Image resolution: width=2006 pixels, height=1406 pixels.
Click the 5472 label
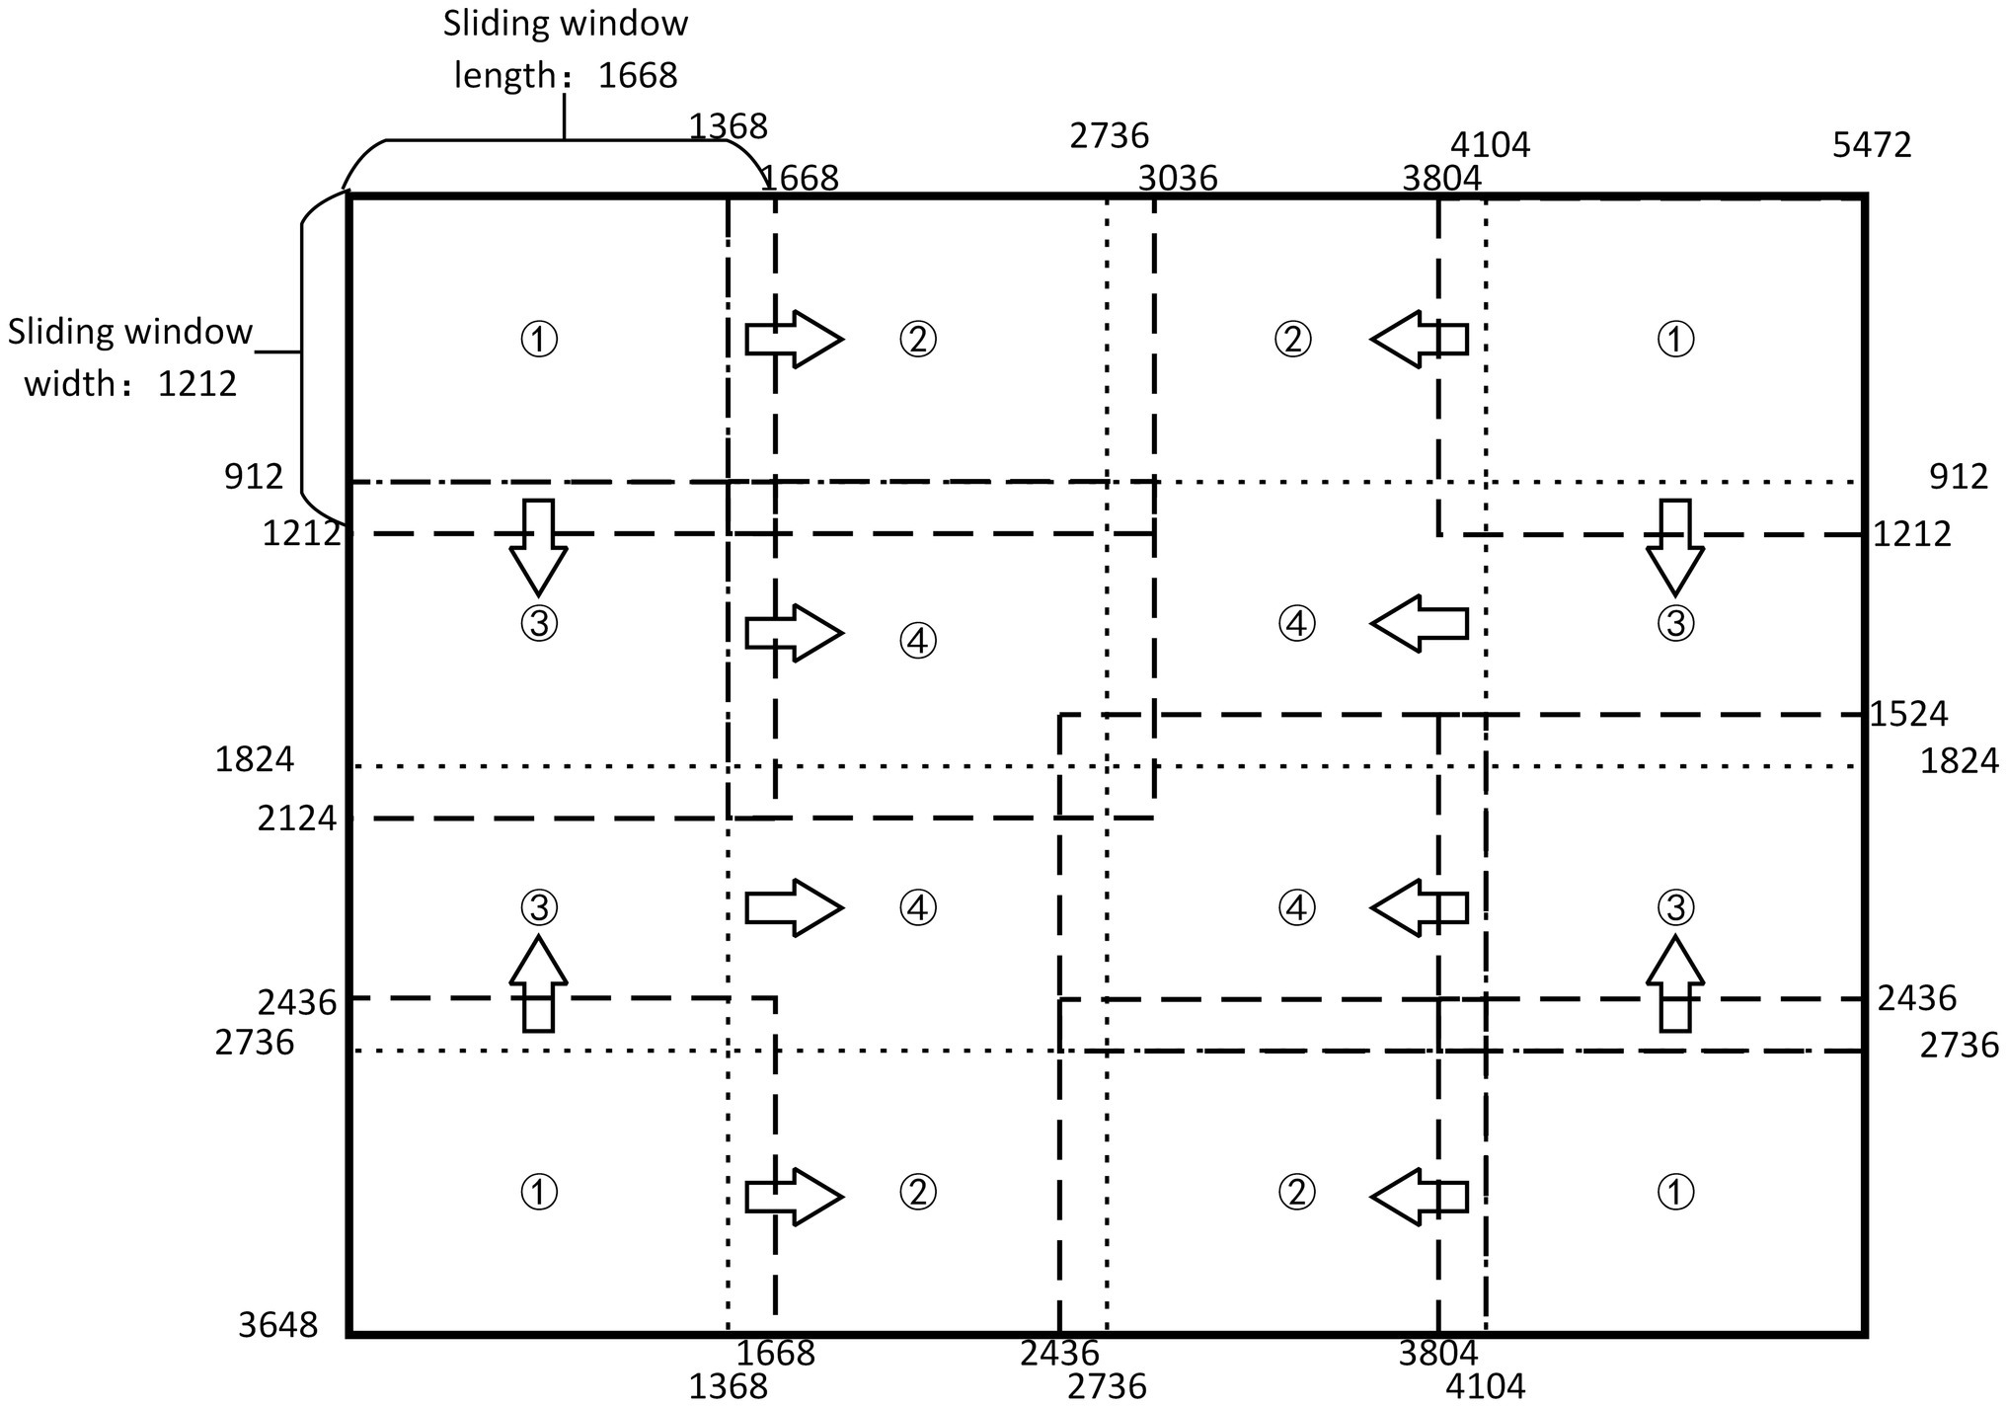(1872, 146)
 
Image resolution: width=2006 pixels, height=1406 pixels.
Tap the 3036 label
(1178, 179)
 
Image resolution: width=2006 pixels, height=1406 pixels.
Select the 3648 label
(278, 1325)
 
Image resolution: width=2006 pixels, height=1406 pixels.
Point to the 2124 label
(297, 819)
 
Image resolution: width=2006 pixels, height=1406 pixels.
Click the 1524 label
(1909, 714)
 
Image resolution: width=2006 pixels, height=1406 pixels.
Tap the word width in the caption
(68, 383)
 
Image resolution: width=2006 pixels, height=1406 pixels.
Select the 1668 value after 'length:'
(638, 75)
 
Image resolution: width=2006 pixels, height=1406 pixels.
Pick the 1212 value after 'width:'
(197, 383)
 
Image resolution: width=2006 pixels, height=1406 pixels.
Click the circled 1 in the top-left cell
(539, 340)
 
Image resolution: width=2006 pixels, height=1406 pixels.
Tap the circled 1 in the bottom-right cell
(1674, 1193)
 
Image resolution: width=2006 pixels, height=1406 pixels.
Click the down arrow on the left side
(538, 546)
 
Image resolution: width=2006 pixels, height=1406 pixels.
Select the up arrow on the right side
(1674, 983)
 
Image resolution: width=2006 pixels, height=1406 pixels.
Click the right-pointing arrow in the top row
(793, 340)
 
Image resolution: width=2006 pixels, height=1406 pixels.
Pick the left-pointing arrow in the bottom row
(1419, 1197)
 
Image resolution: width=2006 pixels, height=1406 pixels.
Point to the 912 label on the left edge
(254, 477)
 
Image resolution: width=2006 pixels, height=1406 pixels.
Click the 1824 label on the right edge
(1959, 761)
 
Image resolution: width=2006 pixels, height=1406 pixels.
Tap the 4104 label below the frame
(1486, 1386)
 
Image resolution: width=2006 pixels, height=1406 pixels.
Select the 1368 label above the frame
(728, 126)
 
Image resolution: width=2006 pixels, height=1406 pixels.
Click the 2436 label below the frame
(1059, 1353)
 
